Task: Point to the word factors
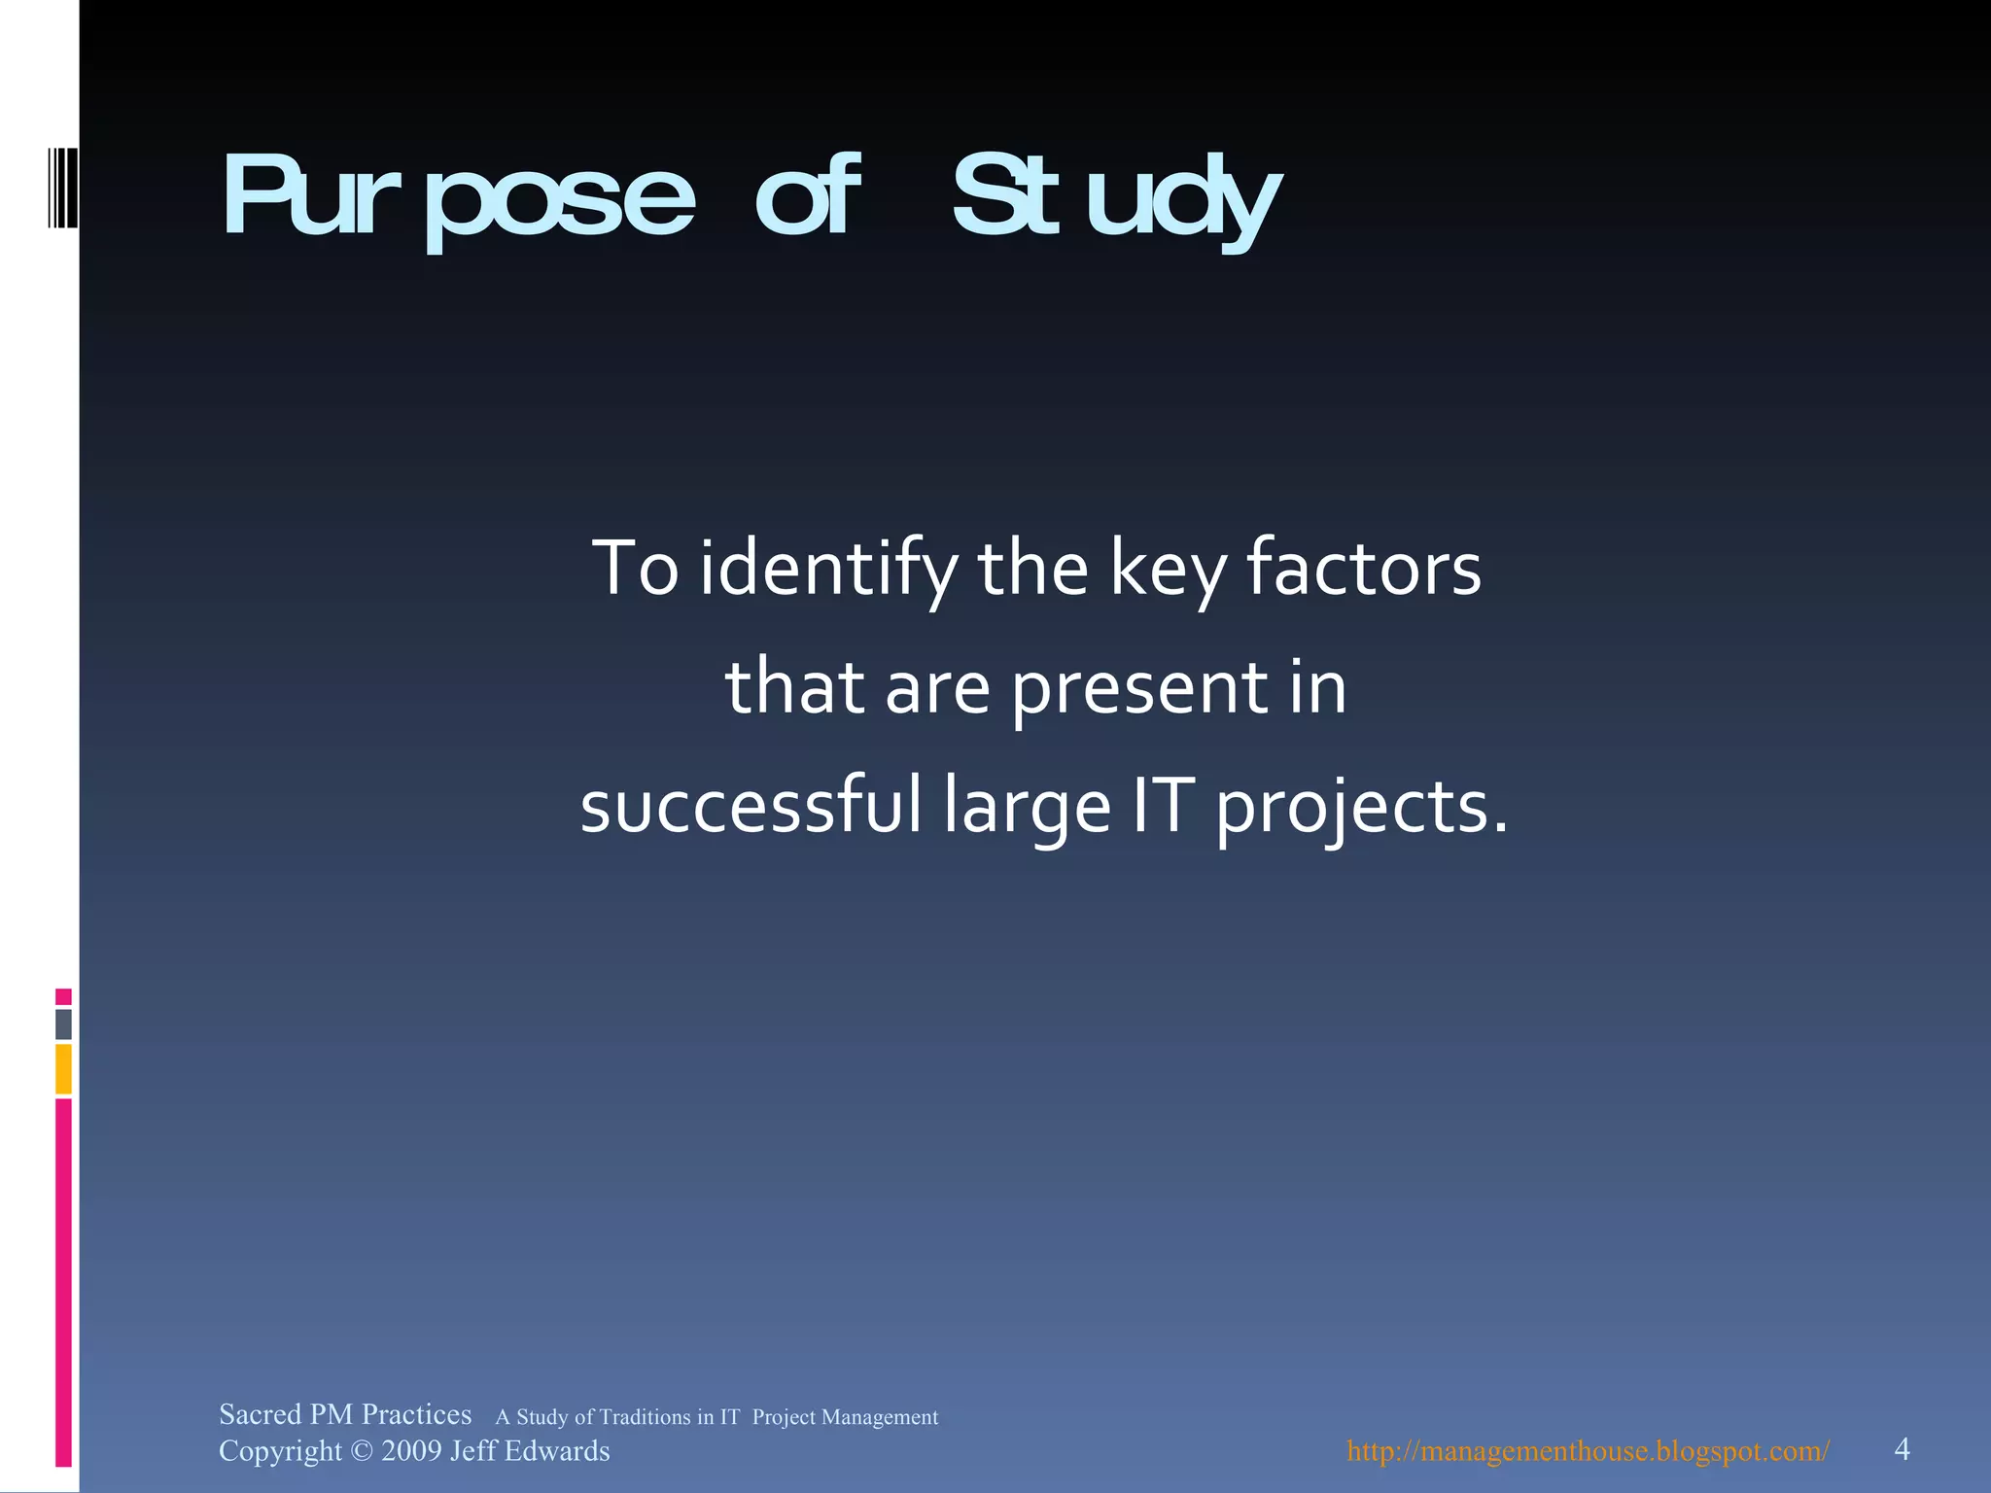tap(1363, 568)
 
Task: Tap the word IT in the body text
tap(1161, 806)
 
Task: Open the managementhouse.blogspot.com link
tap(1588, 1451)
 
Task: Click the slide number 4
tap(1902, 1449)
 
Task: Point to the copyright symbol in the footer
tap(361, 1451)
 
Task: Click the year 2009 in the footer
tap(410, 1451)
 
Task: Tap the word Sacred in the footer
tap(260, 1414)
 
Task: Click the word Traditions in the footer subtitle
tap(645, 1417)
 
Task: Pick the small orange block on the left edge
tap(63, 1068)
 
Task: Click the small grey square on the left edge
tap(63, 1024)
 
